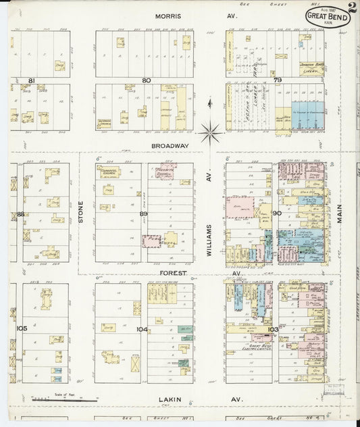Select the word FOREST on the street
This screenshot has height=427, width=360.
(x=174, y=273)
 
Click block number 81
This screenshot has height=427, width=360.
(x=31, y=80)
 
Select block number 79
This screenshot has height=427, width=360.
(x=277, y=80)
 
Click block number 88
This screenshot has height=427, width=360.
(x=21, y=214)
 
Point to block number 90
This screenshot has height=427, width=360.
(x=277, y=214)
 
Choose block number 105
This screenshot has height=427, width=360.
(x=22, y=328)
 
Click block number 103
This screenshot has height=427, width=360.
(x=272, y=329)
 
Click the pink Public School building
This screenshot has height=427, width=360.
(x=152, y=240)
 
